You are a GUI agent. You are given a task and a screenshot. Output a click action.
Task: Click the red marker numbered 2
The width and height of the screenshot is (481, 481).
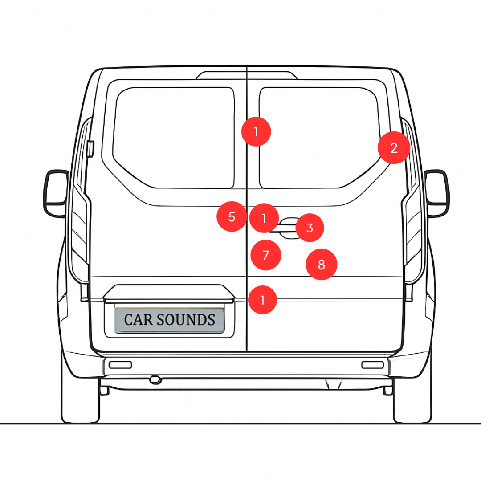click(394, 148)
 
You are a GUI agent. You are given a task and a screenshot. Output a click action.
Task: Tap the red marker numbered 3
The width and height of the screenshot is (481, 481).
click(310, 228)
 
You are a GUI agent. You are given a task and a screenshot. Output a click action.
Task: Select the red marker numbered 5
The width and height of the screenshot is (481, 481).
click(232, 217)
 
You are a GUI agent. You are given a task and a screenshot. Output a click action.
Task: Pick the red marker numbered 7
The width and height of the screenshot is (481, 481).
click(266, 255)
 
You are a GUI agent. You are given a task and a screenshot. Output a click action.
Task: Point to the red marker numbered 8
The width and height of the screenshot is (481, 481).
click(321, 265)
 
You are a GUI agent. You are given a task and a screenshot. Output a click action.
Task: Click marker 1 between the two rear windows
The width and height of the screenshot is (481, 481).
click(256, 131)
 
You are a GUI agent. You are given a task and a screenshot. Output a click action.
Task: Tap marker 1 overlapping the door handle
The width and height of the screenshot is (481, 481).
click(264, 218)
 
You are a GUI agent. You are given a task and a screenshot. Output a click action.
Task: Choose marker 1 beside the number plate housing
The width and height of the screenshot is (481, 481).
click(263, 300)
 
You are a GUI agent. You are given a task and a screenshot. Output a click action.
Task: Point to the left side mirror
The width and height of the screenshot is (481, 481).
click(55, 193)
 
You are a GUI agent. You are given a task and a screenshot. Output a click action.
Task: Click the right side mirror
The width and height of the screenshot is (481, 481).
click(437, 193)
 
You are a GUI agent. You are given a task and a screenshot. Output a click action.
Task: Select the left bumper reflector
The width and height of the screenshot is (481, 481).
click(120, 365)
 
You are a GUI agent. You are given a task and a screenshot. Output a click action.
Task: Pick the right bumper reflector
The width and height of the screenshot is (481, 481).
click(372, 365)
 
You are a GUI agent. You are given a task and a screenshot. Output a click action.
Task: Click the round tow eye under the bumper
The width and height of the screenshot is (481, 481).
click(155, 379)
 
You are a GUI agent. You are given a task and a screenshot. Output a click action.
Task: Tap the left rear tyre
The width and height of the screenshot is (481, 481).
click(80, 401)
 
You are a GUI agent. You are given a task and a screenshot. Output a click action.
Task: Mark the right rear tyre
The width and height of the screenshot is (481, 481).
click(412, 401)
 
